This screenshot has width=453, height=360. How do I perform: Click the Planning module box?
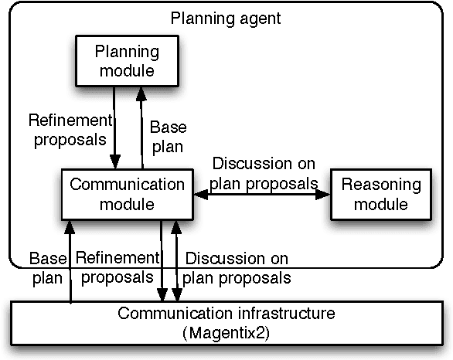coord(126,61)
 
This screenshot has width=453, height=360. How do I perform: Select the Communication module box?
coord(128,194)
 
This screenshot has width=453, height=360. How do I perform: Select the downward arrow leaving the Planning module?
coord(114,127)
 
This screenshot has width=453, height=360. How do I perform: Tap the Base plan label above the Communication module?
coord(166,136)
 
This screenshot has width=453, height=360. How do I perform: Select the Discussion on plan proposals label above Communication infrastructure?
coord(238,267)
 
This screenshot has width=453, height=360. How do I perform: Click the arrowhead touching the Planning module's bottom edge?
coord(141,92)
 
